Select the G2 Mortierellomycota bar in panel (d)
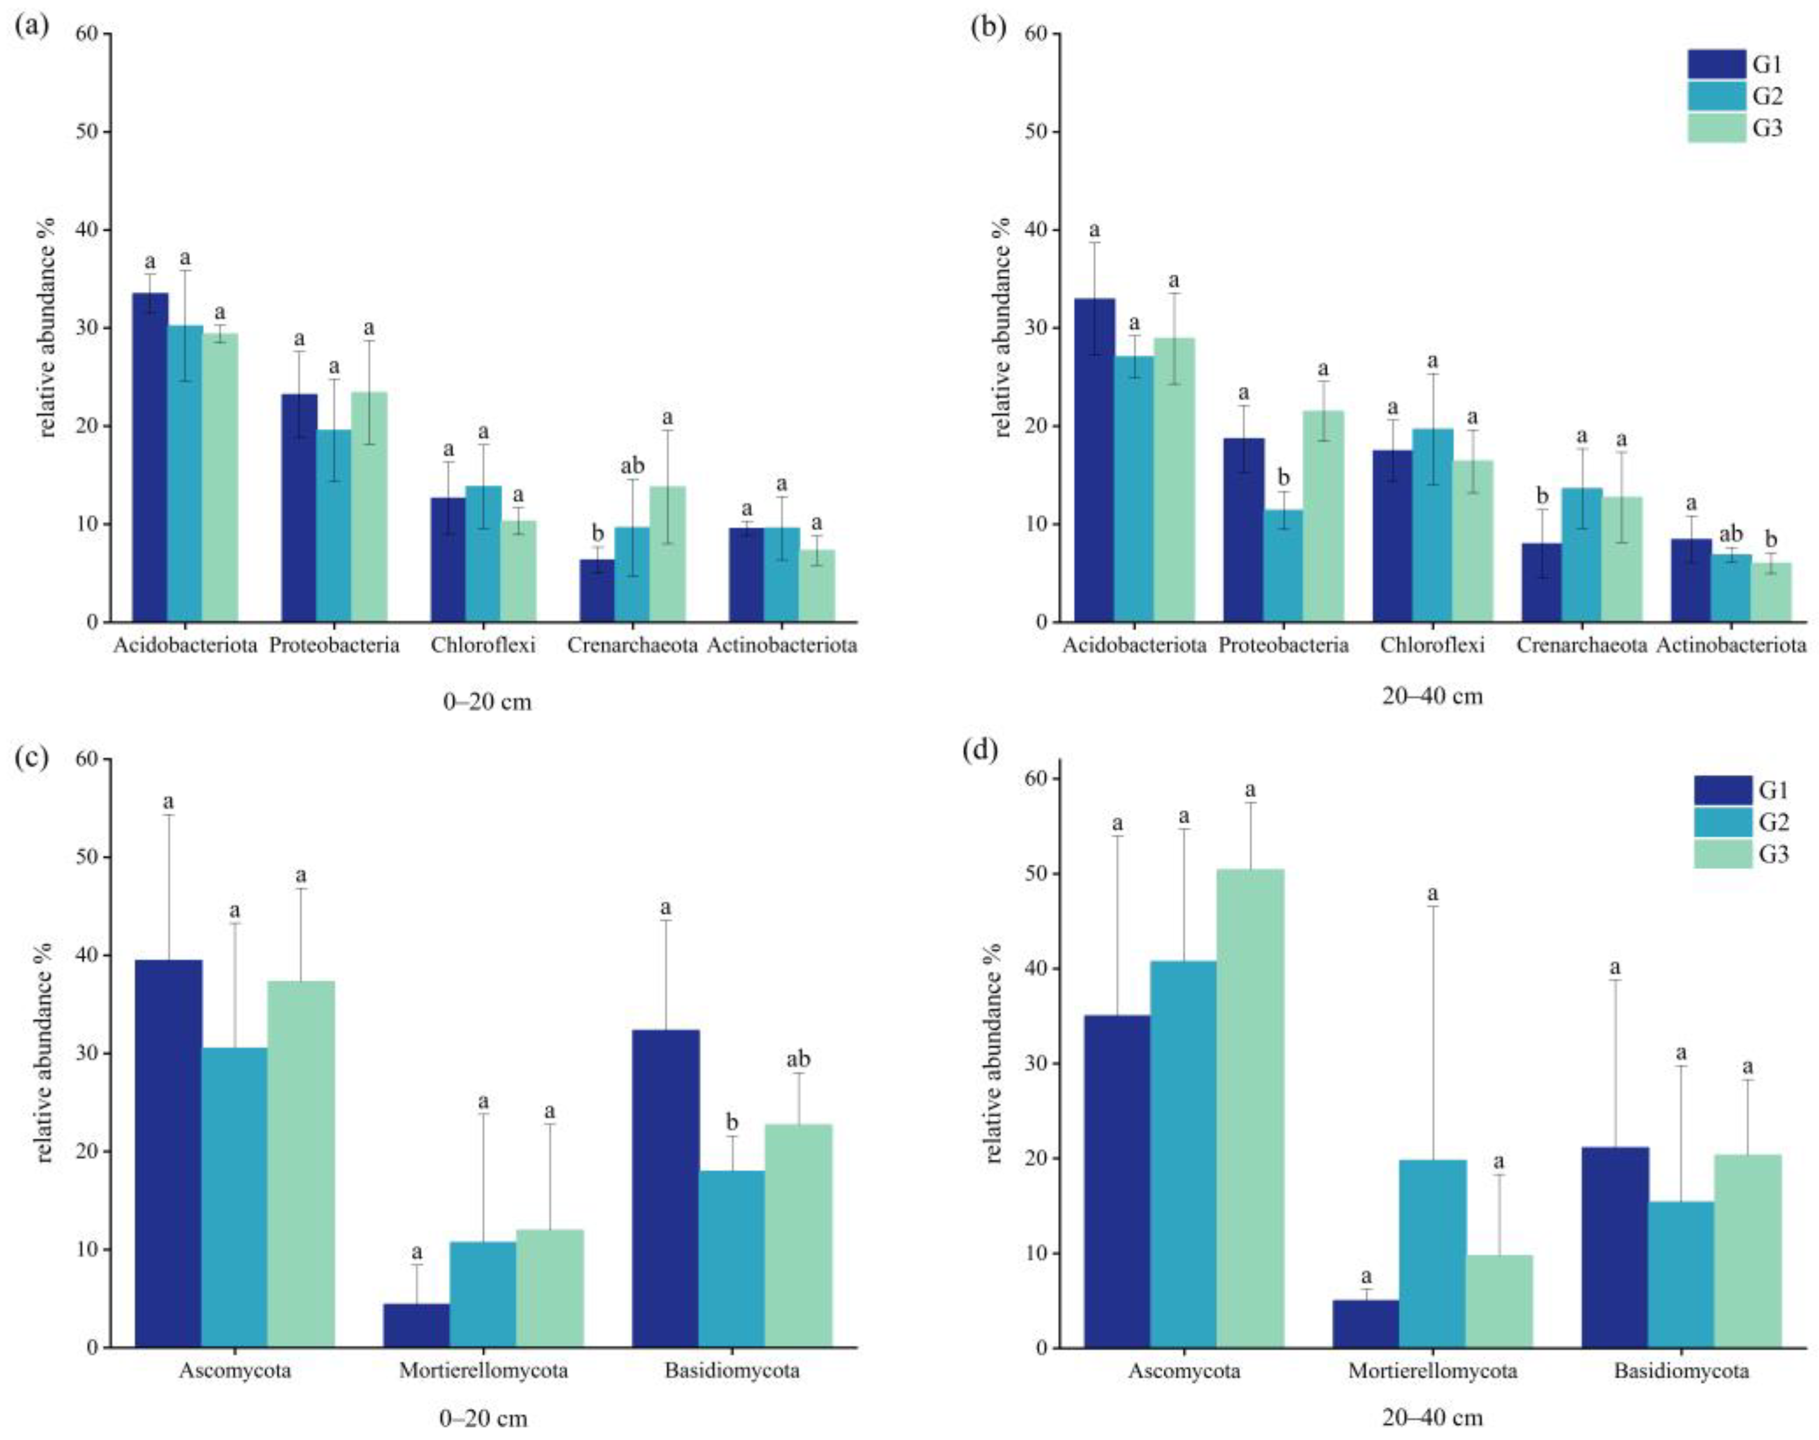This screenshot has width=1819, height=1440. pyautogui.click(x=1432, y=1253)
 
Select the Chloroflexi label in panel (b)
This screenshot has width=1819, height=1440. pyautogui.click(x=1432, y=646)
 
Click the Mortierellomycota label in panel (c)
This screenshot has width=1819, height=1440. pyautogui.click(x=483, y=1371)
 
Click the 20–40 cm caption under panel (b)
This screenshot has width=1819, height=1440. pyautogui.click(x=1432, y=697)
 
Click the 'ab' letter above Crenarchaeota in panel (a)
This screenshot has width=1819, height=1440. pyautogui.click(x=632, y=466)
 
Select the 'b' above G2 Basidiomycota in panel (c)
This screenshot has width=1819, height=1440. pyautogui.click(x=732, y=1122)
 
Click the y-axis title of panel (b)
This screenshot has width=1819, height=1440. pyautogui.click(x=1002, y=327)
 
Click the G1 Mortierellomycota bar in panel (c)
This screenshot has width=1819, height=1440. pyautogui.click(x=416, y=1325)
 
